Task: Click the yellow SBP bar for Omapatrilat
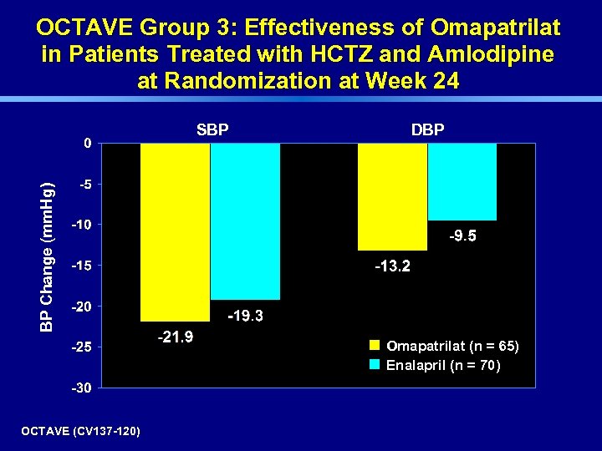[175, 231]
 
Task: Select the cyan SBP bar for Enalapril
[244, 221]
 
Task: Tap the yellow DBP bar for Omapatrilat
[392, 196]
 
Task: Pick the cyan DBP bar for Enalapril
[462, 181]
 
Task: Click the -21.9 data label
[176, 337]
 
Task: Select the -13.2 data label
[392, 267]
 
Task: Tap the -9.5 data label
[462, 237]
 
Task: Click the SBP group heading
[212, 130]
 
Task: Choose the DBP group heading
[427, 130]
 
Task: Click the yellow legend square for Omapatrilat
[375, 345]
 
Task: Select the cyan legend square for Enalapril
[375, 364]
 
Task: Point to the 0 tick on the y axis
[88, 143]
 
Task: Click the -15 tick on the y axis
[82, 266]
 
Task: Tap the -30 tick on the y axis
[82, 388]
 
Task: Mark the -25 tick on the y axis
[82, 347]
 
